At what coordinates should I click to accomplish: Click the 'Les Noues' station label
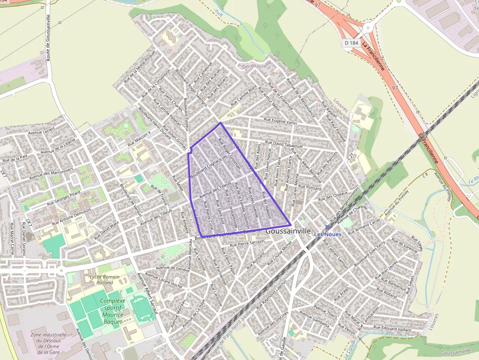pos(327,234)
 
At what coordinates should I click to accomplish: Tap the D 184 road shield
pos(351,43)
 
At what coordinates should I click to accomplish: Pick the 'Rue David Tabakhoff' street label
pos(284,145)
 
